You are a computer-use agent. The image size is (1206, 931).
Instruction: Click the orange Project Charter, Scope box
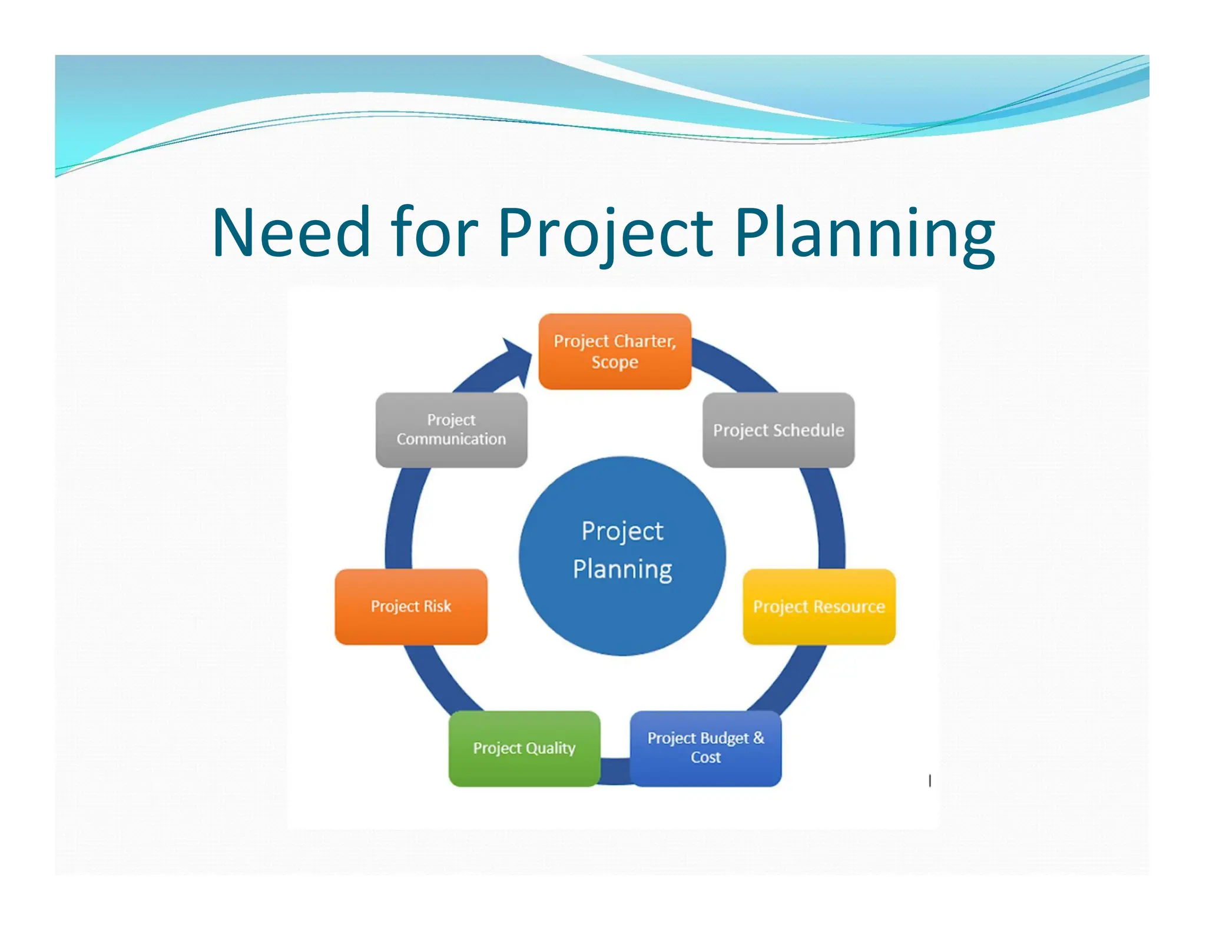point(615,351)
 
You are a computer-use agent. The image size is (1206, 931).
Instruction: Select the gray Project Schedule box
point(778,430)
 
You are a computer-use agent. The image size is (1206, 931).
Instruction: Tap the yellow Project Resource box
point(819,607)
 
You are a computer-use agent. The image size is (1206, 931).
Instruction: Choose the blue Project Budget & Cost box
point(706,748)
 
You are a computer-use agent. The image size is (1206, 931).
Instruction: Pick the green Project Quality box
point(524,748)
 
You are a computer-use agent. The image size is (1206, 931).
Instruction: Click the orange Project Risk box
point(411,607)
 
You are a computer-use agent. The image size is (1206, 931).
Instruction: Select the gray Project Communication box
point(451,430)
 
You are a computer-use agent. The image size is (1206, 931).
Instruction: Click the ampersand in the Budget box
point(758,737)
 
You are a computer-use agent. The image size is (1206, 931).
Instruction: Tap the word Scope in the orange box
point(615,362)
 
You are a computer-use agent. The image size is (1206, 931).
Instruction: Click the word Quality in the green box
point(551,748)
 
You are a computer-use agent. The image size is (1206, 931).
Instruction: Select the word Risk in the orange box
point(438,606)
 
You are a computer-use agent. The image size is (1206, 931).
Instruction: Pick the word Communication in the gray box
point(451,439)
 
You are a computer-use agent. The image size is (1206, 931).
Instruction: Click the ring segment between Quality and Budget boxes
point(615,771)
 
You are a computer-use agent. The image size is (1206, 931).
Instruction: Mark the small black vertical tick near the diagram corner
point(930,781)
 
